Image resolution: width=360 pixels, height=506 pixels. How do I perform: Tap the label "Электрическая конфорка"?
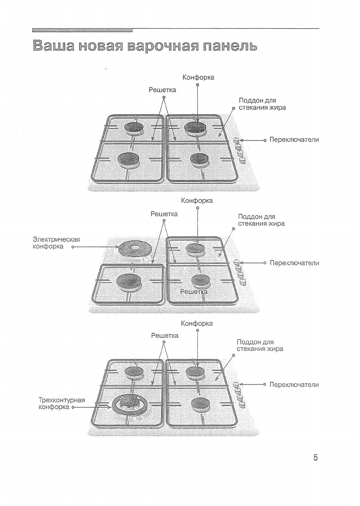pyautogui.click(x=56, y=243)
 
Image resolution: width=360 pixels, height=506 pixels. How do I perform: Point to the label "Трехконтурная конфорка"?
pyautogui.click(x=62, y=404)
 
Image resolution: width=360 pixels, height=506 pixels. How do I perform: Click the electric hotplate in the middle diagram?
pyautogui.click(x=135, y=249)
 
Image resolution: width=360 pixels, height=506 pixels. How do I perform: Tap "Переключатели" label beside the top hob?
pyautogui.click(x=294, y=140)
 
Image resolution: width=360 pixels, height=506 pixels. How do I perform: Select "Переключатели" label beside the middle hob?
pyautogui.click(x=294, y=263)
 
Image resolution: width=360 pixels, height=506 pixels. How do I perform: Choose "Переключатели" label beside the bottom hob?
pyautogui.click(x=294, y=385)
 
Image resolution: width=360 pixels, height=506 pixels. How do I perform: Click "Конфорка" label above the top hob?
pyautogui.click(x=198, y=78)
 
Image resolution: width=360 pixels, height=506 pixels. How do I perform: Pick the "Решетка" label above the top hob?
pyautogui.click(x=163, y=90)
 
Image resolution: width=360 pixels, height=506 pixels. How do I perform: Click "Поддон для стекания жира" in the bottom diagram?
pyautogui.click(x=260, y=346)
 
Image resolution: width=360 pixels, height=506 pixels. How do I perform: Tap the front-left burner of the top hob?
pyautogui.click(x=128, y=159)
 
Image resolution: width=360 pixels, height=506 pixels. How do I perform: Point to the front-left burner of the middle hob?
pyautogui.click(x=128, y=281)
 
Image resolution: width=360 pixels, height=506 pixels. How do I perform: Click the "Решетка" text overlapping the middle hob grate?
pyautogui.click(x=194, y=291)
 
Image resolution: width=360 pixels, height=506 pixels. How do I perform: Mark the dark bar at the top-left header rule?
pyautogui.click(x=82, y=30)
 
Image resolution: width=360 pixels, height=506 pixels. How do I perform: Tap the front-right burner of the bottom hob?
pyautogui.click(x=200, y=403)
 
